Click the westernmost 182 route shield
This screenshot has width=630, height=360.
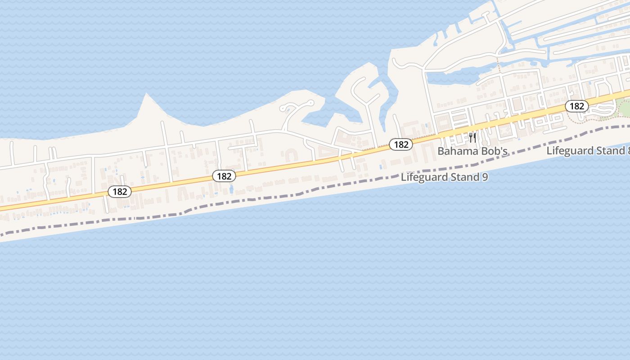[x=120, y=192]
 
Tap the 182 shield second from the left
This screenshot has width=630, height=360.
[x=224, y=176]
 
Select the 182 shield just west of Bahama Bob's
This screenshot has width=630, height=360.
[x=400, y=144]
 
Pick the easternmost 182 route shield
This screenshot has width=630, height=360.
[x=576, y=106]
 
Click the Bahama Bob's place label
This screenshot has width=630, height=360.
[x=472, y=151]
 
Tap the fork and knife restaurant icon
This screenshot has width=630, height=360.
[x=472, y=137]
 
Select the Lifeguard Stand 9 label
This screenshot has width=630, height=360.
[x=444, y=177]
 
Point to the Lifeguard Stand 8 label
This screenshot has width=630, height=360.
[x=588, y=150]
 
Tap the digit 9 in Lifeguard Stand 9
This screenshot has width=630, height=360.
[x=485, y=177]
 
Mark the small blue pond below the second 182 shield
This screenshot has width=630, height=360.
[x=231, y=189]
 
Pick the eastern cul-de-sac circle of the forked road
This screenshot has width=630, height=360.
[x=310, y=102]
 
